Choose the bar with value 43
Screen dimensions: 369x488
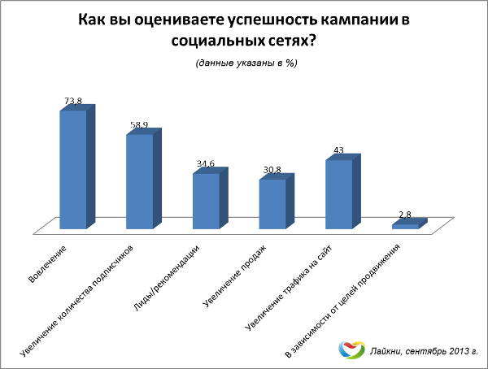click(339, 193)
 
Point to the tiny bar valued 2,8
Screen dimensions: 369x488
click(405, 226)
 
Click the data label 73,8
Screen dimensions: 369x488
click(73, 102)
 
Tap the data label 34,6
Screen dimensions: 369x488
click(206, 164)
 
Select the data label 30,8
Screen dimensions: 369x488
click(272, 170)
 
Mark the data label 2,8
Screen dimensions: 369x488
click(405, 215)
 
